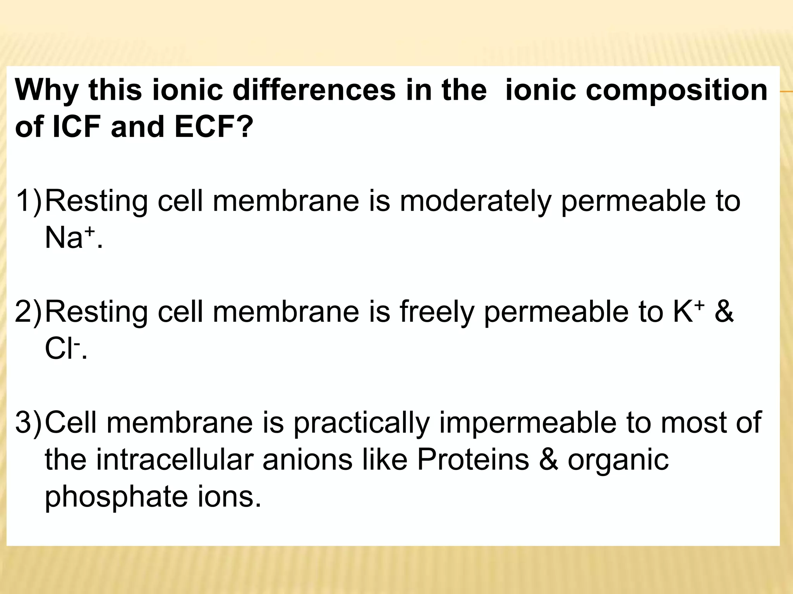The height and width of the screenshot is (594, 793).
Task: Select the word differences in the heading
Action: tap(314, 90)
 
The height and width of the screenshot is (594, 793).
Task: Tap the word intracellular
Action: tap(174, 460)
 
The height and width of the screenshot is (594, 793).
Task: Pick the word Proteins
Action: tap(473, 460)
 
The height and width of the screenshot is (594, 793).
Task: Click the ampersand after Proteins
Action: tap(549, 460)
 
